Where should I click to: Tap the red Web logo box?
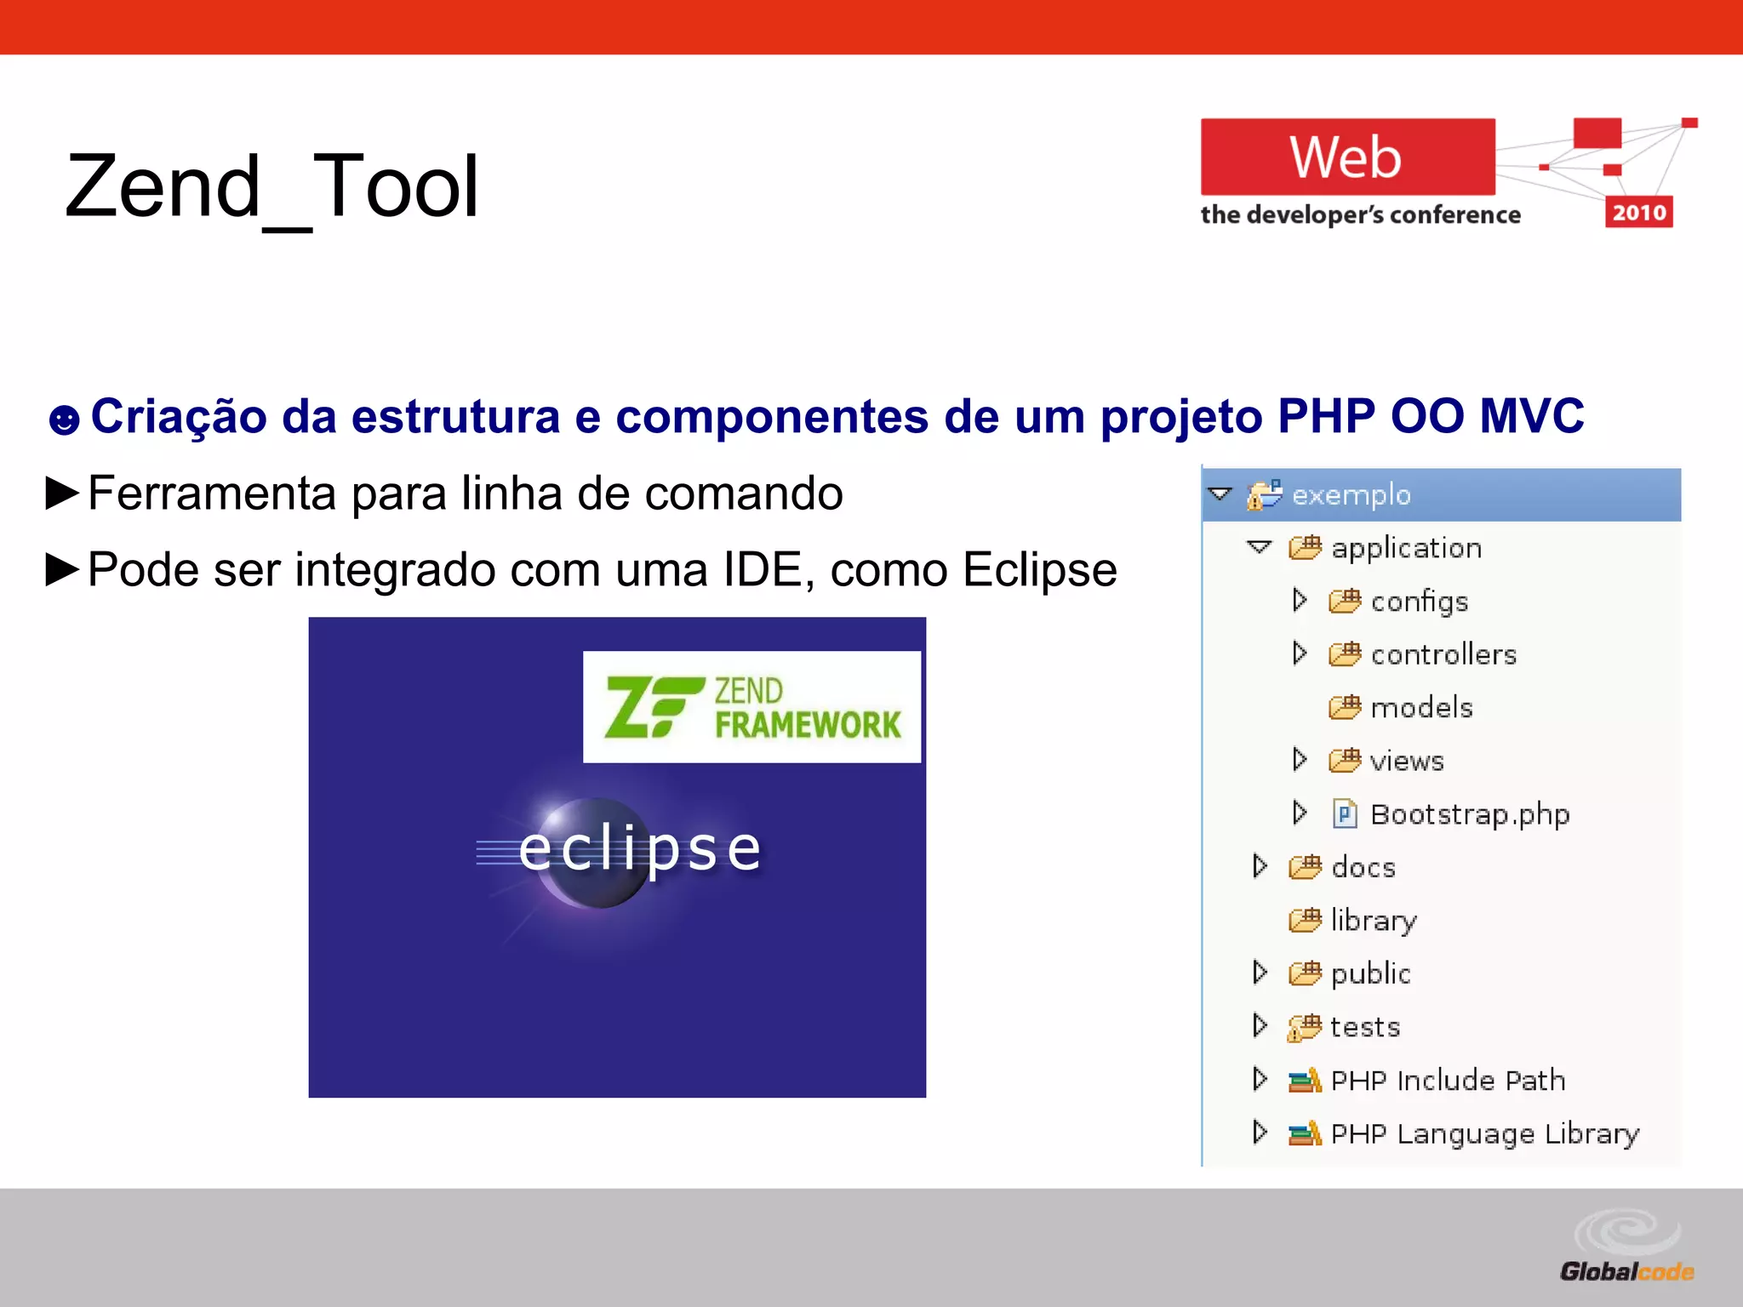(1347, 157)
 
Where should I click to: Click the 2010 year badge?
(1638, 213)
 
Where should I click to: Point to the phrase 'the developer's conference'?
(1360, 215)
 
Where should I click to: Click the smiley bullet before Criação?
(64, 419)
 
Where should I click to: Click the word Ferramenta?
(212, 494)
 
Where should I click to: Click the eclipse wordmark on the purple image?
(640, 849)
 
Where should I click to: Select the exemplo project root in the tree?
(1351, 495)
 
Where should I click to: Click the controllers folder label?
(1443, 654)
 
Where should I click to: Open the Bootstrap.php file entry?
(1469, 814)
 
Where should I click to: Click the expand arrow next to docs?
(1260, 866)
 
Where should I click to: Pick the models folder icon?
(1345, 707)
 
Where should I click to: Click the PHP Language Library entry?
(1483, 1133)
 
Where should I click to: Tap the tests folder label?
(1364, 1027)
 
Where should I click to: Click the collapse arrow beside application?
(1259, 547)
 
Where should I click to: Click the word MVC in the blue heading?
(1531, 417)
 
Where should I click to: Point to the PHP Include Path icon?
(1304, 1081)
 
